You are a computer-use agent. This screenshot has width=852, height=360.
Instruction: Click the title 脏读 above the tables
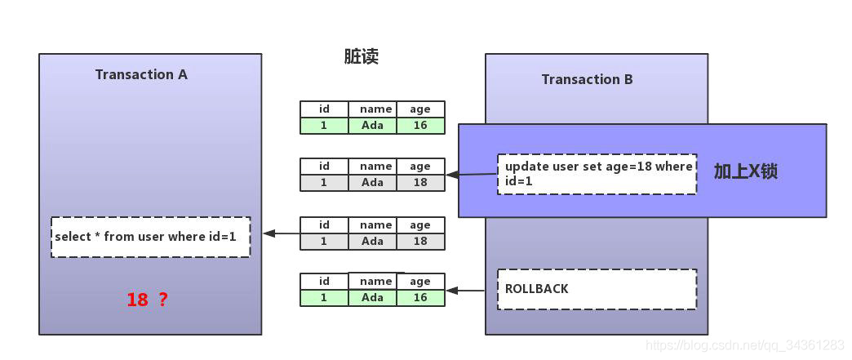(x=362, y=56)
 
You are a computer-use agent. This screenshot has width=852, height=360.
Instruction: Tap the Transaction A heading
(x=141, y=74)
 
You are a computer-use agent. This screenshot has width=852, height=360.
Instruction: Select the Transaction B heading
(x=588, y=79)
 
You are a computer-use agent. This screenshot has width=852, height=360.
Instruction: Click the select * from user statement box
(x=150, y=237)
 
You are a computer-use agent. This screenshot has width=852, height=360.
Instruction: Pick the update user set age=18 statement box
(x=597, y=174)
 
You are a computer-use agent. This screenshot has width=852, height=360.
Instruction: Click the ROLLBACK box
(x=597, y=289)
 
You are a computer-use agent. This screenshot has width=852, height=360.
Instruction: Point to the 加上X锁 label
(x=746, y=171)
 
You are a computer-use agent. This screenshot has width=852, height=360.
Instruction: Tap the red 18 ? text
(x=147, y=299)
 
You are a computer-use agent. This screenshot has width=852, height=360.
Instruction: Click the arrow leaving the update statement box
(x=471, y=176)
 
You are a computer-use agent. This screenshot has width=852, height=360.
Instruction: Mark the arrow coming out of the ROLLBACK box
(x=465, y=291)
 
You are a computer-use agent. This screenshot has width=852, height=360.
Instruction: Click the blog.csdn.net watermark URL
(x=743, y=344)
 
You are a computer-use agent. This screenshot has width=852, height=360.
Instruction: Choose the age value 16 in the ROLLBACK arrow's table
(x=420, y=297)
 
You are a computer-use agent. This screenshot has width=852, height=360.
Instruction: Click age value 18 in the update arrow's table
(x=420, y=182)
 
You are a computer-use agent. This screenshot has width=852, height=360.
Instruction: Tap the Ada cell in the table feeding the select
(x=373, y=241)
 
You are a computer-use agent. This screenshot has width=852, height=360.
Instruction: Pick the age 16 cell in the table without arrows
(x=420, y=125)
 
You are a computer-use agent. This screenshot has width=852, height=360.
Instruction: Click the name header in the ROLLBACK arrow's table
(x=375, y=281)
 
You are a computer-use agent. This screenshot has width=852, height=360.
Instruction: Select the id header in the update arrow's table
(x=324, y=166)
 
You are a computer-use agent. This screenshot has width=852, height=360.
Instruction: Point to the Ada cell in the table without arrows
(x=373, y=125)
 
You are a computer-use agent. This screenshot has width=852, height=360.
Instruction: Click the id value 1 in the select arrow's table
(x=324, y=241)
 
